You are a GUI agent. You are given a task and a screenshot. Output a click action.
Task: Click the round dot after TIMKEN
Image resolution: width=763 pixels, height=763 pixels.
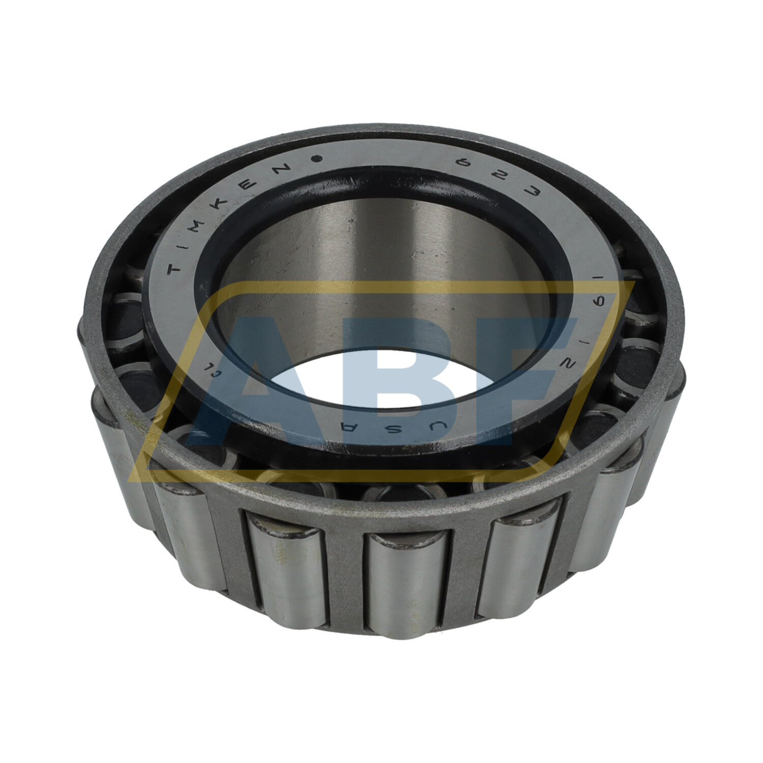[319, 159]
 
